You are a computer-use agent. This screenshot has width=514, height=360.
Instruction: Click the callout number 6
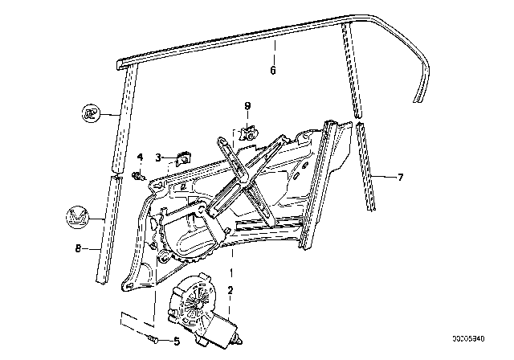tap(273, 71)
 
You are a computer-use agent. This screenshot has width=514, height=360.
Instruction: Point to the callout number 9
tap(248, 105)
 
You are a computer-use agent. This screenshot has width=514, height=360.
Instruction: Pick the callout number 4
tap(139, 156)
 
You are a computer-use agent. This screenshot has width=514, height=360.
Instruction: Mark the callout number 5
tap(176, 341)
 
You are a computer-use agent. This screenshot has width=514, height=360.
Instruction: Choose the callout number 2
tap(230, 291)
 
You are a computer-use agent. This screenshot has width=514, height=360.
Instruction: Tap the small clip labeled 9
tap(250, 132)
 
